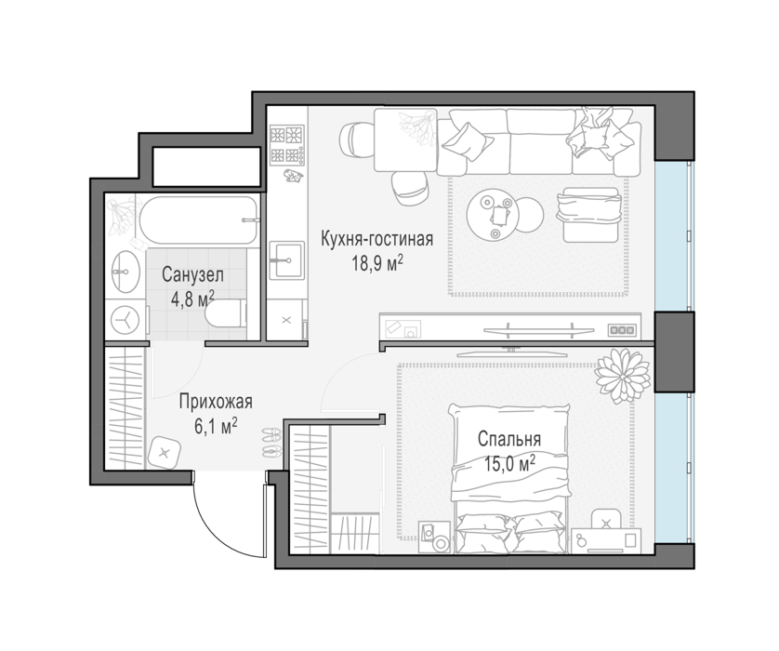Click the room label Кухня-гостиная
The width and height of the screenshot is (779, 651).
pos(376,239)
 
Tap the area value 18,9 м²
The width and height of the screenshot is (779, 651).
pos(376,263)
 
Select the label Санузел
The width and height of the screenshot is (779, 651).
pos(192,274)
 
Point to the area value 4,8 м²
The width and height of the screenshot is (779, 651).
pos(192,299)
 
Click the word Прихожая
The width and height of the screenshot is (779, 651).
pos(216,402)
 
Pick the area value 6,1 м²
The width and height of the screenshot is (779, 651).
pos(216,426)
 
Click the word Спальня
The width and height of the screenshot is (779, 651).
pos(509,439)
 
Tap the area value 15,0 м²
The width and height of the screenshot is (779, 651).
pos(509,464)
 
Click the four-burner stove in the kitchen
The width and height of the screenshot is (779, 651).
pos(286,144)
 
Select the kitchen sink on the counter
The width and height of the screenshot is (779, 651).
pos(286,259)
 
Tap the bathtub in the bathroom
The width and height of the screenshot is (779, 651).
pos(198,220)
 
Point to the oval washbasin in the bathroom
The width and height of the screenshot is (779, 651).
pos(125,272)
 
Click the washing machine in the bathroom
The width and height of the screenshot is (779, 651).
pos(125,320)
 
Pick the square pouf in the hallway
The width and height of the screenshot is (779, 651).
pos(165,452)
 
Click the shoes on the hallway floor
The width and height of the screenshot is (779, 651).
pos(271,443)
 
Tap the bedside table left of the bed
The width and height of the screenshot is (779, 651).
pos(434,537)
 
